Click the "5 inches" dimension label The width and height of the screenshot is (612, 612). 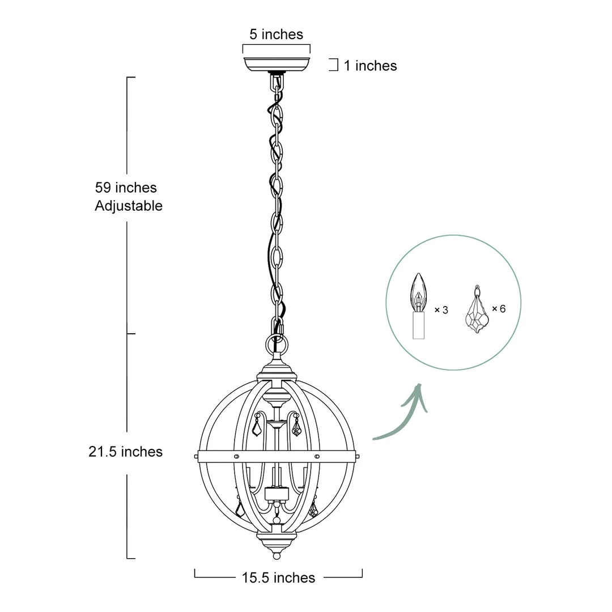pyautogui.click(x=276, y=35)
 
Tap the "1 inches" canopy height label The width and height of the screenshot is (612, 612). pyautogui.click(x=370, y=66)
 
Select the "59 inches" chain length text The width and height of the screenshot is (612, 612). pyautogui.click(x=126, y=188)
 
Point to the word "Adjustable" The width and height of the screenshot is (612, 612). pyautogui.click(x=129, y=206)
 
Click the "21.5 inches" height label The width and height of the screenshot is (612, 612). pyautogui.click(x=125, y=452)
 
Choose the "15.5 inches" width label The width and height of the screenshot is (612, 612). pyautogui.click(x=278, y=578)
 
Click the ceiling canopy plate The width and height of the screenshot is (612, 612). pyautogui.click(x=277, y=63)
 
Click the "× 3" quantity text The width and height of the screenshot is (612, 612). pyautogui.click(x=441, y=310)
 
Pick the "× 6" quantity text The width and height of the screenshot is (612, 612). pyautogui.click(x=499, y=309)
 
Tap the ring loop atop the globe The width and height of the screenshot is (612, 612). pyautogui.click(x=277, y=344)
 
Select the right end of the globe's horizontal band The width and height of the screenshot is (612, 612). pyautogui.click(x=357, y=456)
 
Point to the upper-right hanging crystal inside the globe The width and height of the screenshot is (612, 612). pyautogui.click(x=296, y=427)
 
